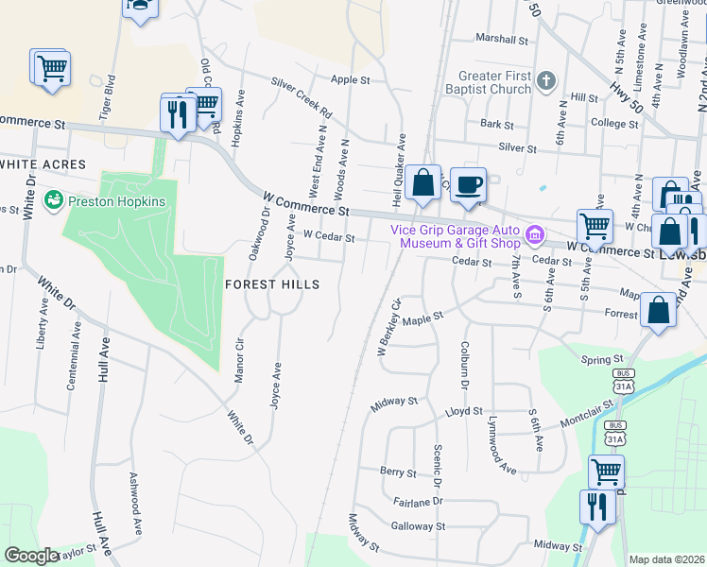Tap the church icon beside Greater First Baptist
[x=547, y=82]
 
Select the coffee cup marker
[x=467, y=185]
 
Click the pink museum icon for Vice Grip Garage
[x=535, y=233]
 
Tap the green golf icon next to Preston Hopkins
[x=55, y=201]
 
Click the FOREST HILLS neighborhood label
[x=271, y=283]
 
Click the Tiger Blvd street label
[x=112, y=94]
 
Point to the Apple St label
[x=350, y=80]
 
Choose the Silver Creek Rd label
[x=302, y=97]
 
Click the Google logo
[x=32, y=556]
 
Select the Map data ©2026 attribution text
[x=665, y=559]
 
